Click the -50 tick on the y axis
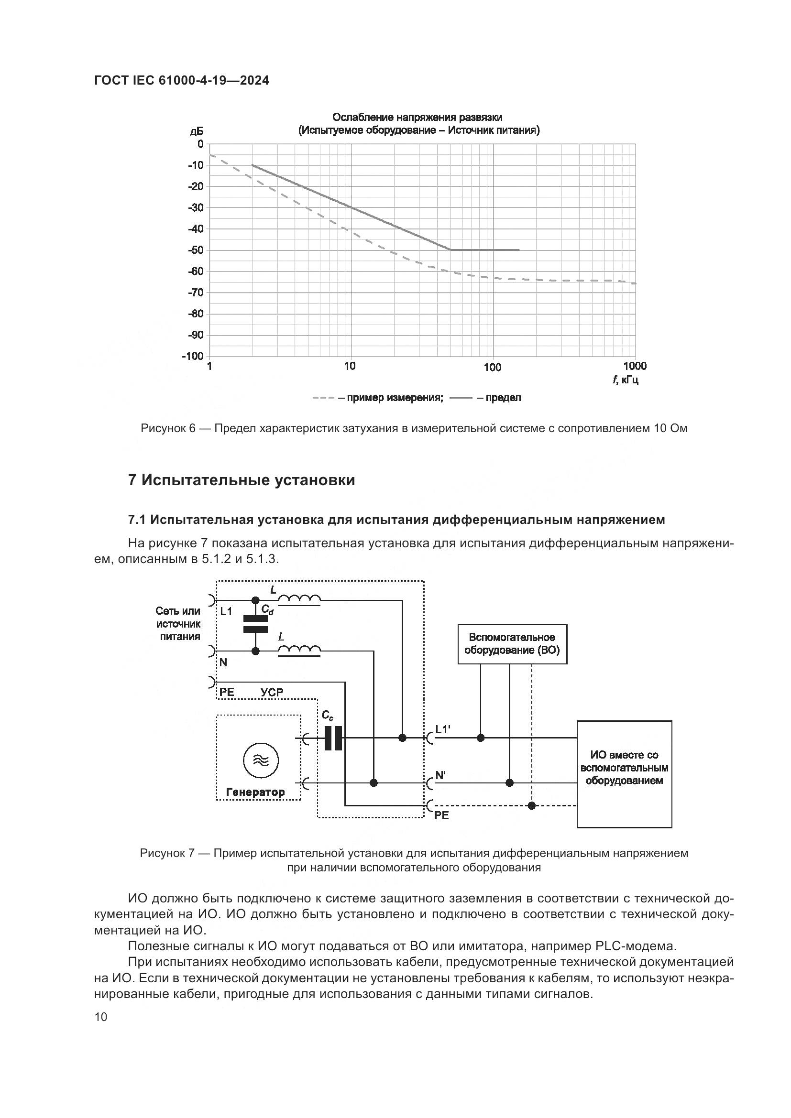coord(196,250)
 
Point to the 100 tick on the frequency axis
coord(493,367)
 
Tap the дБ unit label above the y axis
coord(197,131)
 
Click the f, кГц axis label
coord(626,380)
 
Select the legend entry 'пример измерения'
coord(395,398)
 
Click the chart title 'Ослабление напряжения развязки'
coord(417,118)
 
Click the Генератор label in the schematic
coord(256,792)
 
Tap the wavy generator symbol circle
coord(261,760)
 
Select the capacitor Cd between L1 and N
coord(255,624)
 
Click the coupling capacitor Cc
coord(333,738)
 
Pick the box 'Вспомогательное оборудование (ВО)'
coord(512,644)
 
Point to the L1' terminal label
coord(443,729)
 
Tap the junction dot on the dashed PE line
coord(532,806)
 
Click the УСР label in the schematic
coord(272,692)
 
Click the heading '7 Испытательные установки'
coord(241,480)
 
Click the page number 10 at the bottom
coord(101,1017)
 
